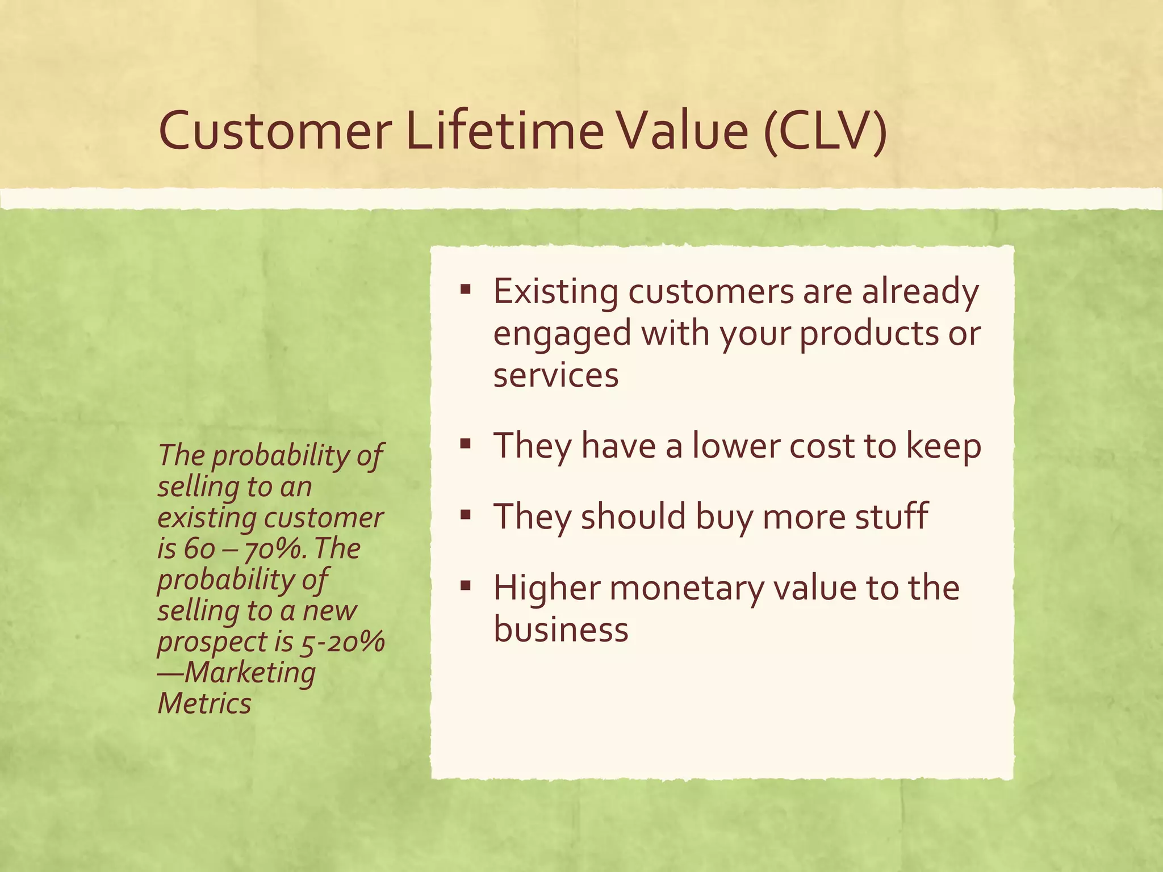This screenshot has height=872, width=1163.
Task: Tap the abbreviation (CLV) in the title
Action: tap(825, 131)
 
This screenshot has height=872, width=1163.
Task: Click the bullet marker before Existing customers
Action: tap(466, 291)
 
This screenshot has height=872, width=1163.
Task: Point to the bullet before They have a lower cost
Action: tap(466, 445)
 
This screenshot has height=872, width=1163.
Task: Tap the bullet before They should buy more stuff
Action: tap(466, 515)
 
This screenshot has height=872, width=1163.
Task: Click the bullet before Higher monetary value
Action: tap(466, 586)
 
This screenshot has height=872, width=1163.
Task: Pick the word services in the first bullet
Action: tap(555, 375)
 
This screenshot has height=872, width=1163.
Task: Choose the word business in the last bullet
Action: tap(560, 629)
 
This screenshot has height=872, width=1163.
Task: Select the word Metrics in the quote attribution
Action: tap(204, 703)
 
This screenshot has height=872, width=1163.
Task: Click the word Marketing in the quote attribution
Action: tap(249, 673)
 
